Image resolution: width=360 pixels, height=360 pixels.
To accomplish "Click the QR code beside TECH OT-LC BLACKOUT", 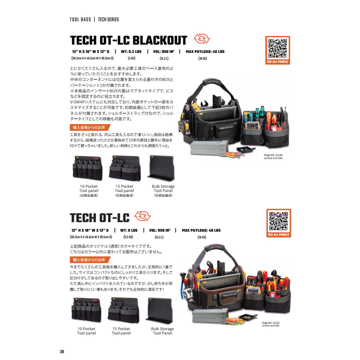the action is [278, 48].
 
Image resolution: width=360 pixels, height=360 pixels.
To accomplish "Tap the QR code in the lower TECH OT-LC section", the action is [278, 221].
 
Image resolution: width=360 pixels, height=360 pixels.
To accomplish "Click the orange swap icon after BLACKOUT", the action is [202, 39].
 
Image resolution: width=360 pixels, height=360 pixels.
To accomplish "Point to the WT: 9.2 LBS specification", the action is [131, 52].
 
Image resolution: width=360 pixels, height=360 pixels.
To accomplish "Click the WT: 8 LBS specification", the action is [129, 230].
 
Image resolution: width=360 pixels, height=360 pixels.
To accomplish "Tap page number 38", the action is [62, 352].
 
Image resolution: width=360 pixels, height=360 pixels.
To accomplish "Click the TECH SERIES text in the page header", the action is [108, 20].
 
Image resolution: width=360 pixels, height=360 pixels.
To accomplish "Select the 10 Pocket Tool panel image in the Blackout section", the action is [88, 168].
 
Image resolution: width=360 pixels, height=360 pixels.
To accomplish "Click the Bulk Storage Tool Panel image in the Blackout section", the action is [161, 168].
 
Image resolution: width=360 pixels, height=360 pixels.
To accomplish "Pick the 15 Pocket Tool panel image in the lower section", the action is [124, 310].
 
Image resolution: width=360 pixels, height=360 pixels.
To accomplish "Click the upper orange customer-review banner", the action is [90, 127].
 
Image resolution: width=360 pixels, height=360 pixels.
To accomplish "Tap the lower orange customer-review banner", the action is [90, 260].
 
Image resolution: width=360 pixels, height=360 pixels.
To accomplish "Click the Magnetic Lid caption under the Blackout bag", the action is [273, 157].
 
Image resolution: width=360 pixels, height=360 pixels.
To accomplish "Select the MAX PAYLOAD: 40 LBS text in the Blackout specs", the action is [205, 52].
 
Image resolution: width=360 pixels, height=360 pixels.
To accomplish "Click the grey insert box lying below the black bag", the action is [209, 148].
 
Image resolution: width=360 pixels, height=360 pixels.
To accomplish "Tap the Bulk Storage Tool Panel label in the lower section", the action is [162, 331].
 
